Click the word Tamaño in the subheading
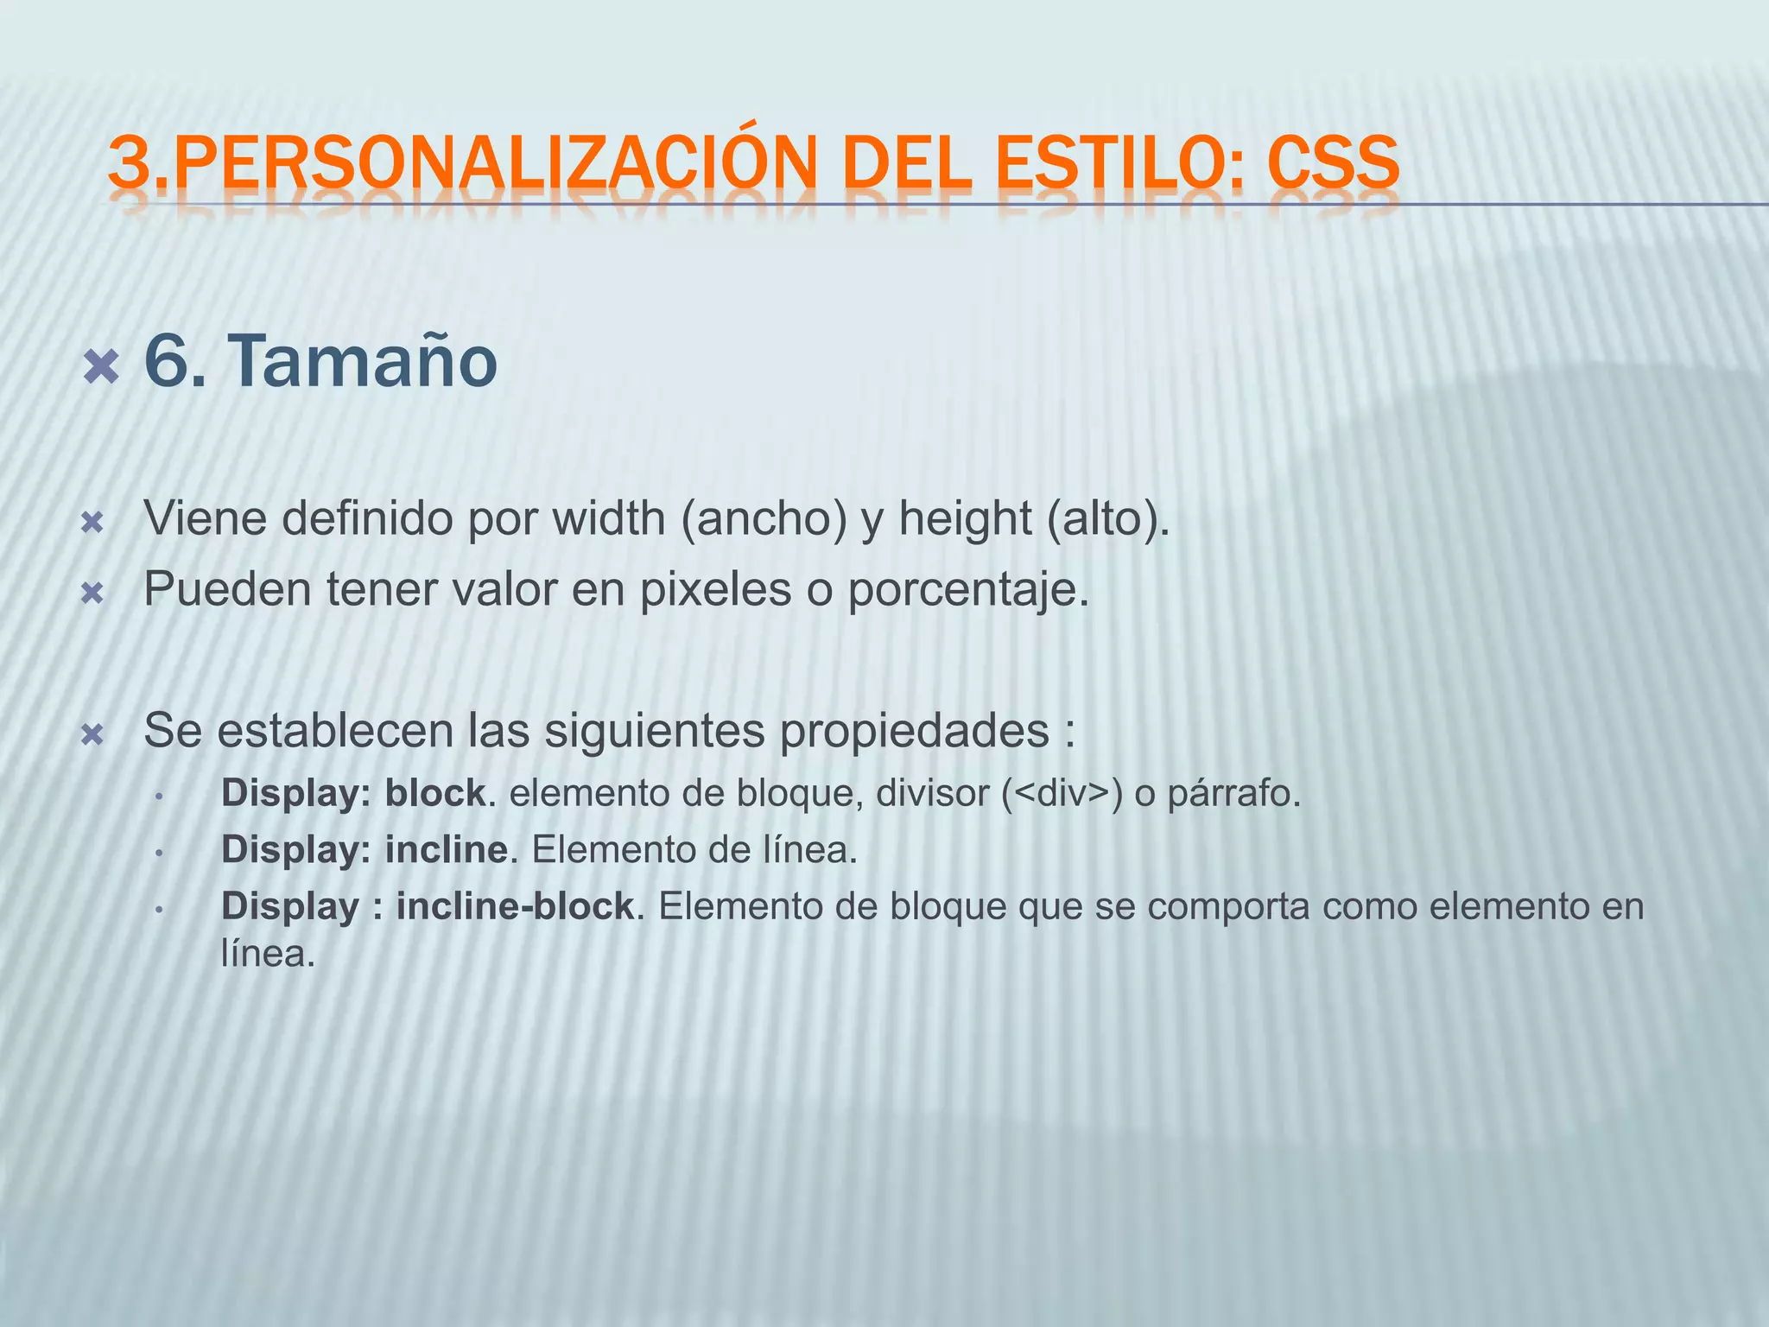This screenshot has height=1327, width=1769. pyautogui.click(x=363, y=361)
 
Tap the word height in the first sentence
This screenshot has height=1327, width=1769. pyautogui.click(x=964, y=518)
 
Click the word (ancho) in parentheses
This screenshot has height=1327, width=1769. pyautogui.click(x=764, y=518)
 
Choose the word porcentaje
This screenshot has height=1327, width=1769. pyautogui.click(x=967, y=592)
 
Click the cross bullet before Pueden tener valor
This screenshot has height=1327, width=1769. pyautogui.click(x=92, y=594)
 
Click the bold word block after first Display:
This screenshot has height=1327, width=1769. pyautogui.click(x=434, y=793)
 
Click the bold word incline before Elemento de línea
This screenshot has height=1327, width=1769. pyautogui.click(x=446, y=850)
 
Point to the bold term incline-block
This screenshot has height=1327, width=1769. pyautogui.click(x=516, y=906)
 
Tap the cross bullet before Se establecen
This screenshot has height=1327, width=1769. pyautogui.click(x=92, y=735)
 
